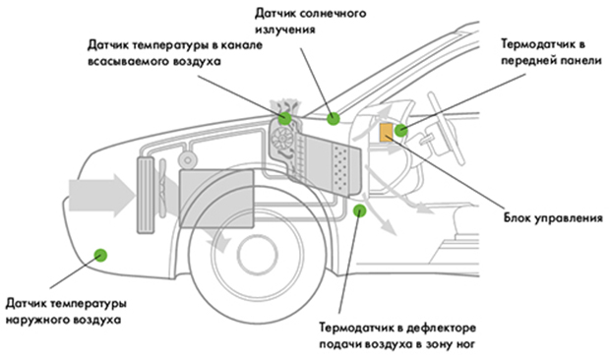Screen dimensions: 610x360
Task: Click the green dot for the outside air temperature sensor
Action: [x=100, y=255]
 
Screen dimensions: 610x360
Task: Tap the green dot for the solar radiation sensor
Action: [x=333, y=119]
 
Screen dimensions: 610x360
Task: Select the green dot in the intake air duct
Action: [x=284, y=118]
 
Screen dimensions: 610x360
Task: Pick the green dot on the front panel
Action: [x=400, y=130]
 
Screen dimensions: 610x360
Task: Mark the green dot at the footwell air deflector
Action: [x=359, y=210]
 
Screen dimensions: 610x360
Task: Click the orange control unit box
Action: [x=387, y=133]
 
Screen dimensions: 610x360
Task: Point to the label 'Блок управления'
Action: [x=553, y=218]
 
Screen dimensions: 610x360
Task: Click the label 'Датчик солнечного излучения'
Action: [x=311, y=22]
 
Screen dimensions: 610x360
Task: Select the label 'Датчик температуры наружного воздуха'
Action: [x=66, y=312]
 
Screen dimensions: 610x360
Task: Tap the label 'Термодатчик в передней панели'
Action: [x=551, y=52]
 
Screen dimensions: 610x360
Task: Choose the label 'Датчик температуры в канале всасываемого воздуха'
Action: [x=175, y=53]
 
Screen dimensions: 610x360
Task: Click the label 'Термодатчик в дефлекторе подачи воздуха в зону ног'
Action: [x=397, y=335]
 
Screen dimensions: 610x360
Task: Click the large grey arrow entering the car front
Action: [x=102, y=196]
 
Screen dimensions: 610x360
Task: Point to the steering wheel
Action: [x=446, y=128]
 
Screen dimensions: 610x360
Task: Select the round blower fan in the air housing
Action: [x=281, y=138]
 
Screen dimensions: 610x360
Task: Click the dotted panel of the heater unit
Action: [x=341, y=169]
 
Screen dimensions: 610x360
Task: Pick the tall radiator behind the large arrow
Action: [x=146, y=195]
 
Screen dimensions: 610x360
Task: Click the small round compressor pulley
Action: [x=188, y=159]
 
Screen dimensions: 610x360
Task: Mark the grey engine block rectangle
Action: [x=216, y=199]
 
